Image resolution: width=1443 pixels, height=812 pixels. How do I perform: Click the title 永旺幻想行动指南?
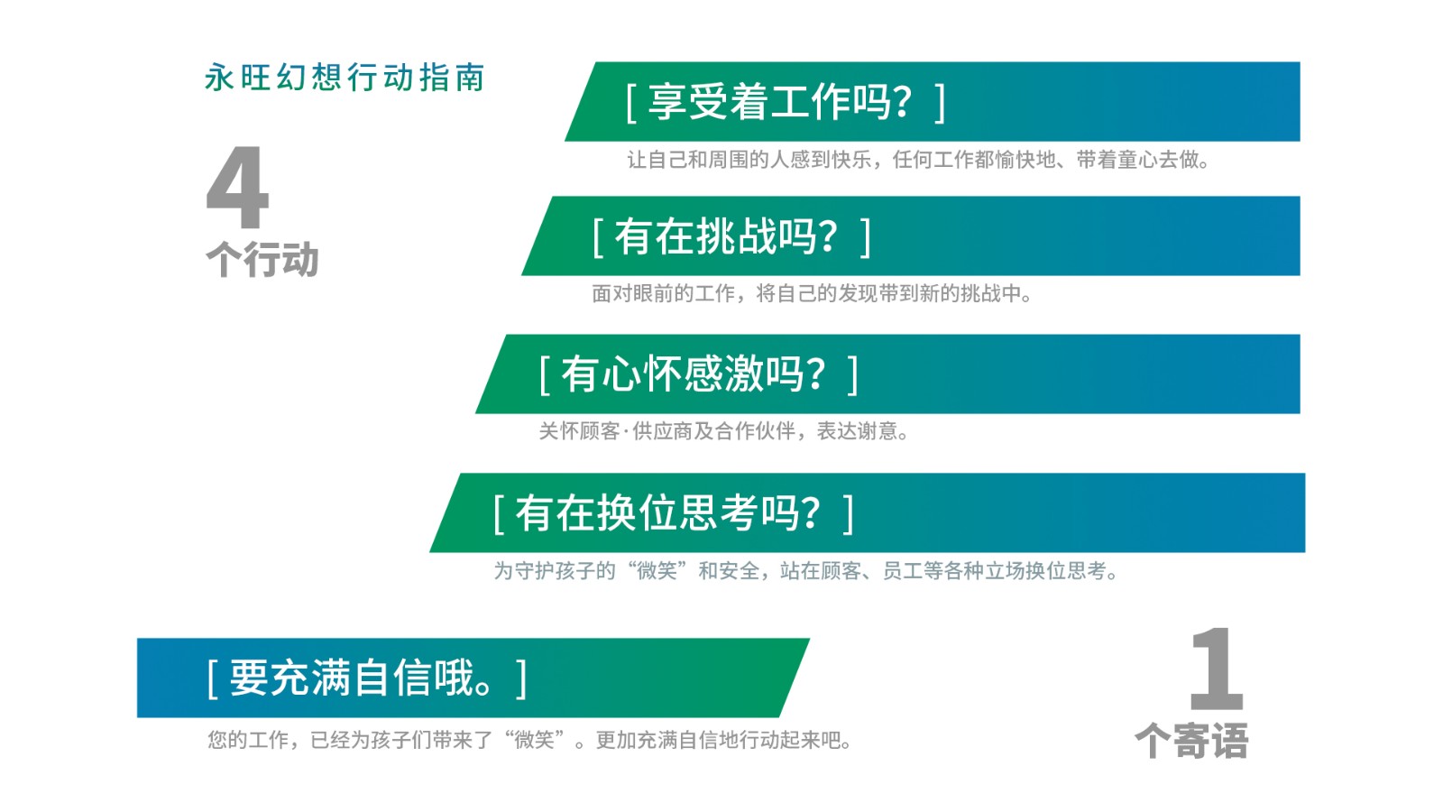345,78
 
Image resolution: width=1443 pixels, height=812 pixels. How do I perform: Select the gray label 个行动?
262,259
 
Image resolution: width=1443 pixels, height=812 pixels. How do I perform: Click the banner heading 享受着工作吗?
779,102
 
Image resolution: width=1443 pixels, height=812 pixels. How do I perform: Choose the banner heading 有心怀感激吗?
694,374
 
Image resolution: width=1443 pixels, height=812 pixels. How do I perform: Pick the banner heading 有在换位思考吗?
668,513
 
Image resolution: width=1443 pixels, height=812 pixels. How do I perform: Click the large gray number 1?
1217,669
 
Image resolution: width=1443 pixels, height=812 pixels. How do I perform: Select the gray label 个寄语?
1191,741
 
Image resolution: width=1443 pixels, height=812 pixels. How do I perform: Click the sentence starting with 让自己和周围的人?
919,159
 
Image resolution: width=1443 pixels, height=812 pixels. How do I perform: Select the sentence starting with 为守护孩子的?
806,571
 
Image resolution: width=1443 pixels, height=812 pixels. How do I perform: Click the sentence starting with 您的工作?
530,739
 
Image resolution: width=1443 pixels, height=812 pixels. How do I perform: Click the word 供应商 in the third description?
662,430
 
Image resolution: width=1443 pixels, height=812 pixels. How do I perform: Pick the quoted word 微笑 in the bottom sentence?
534,739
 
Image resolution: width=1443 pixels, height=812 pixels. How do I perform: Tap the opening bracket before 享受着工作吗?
631,102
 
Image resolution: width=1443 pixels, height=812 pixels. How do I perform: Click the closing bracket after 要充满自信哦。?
521,678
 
